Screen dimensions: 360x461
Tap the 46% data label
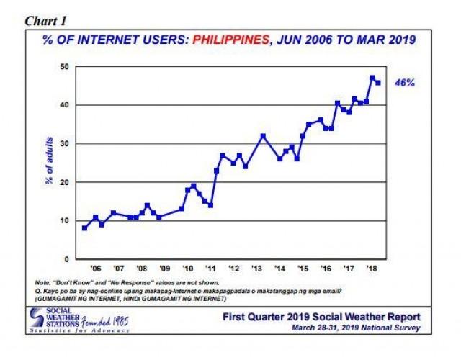tap(404, 83)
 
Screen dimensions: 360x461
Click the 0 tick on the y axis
tap(67, 258)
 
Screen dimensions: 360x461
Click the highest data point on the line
tap(372, 78)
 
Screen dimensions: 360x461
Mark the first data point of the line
tap(85, 228)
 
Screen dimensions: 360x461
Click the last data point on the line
tap(379, 82)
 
